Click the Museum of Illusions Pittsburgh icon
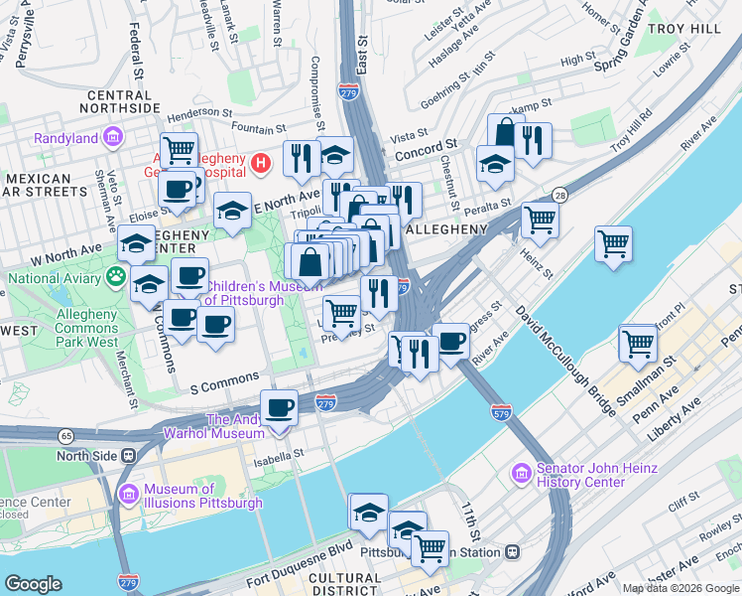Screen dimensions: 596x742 click(128, 495)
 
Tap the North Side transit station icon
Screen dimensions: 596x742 click(128, 456)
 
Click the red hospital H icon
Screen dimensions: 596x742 click(260, 161)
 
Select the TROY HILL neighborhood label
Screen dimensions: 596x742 click(684, 29)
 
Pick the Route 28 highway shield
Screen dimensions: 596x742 click(560, 195)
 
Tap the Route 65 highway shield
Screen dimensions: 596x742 click(65, 435)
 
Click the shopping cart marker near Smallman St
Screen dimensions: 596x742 click(637, 343)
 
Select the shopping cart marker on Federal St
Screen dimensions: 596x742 click(179, 150)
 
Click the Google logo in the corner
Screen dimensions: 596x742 click(34, 584)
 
